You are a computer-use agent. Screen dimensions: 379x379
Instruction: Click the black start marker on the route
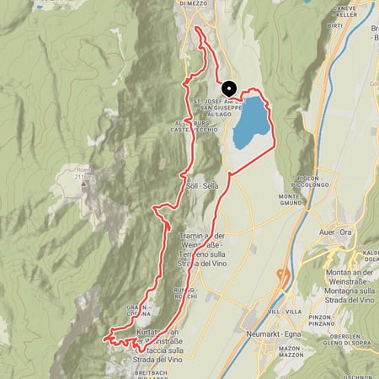coord(227,88)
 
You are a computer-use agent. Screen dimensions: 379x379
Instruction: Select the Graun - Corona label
coord(140,309)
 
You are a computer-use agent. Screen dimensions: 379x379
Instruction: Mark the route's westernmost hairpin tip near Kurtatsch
coord(104,339)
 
